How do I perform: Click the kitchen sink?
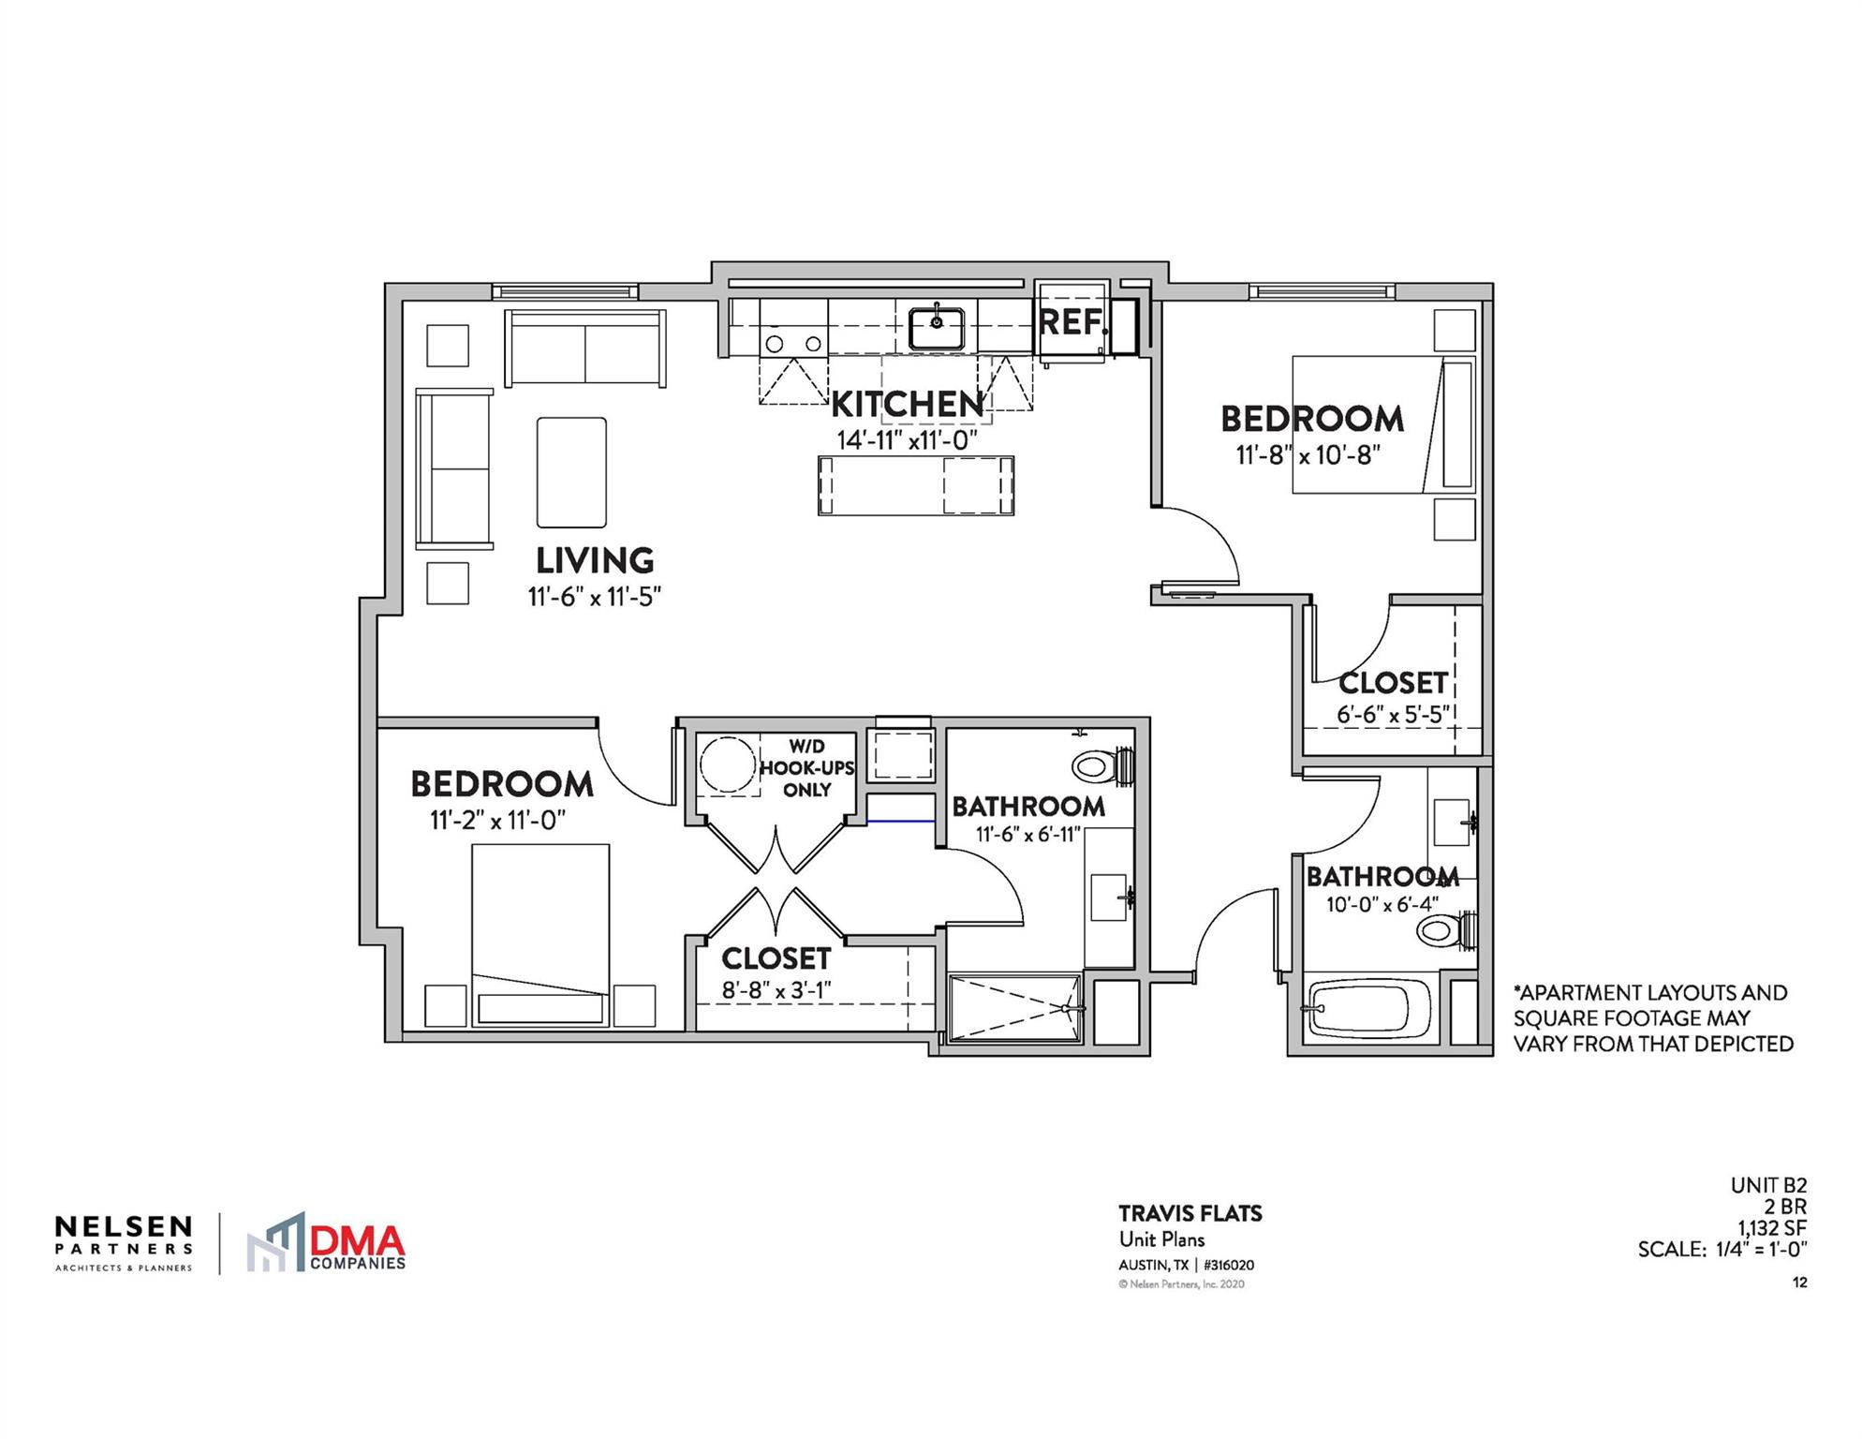pos(936,327)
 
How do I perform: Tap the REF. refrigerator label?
pos(1071,322)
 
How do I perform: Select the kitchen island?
pos(915,485)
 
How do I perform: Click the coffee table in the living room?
pos(571,472)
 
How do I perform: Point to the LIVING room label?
pos(595,561)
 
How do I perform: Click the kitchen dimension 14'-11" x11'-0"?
pos(907,440)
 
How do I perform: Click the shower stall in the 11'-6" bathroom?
pos(1014,1008)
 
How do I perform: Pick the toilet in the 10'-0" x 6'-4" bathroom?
pos(1443,930)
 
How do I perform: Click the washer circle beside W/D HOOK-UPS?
pos(727,765)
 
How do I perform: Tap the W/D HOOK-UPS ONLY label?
pos(806,768)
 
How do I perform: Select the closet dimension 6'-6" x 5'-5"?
pos(1393,715)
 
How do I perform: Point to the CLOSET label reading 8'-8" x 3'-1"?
pos(776,959)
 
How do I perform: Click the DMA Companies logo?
pos(327,1244)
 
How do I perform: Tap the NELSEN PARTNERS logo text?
pos(124,1236)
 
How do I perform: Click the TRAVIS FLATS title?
pos(1190,1213)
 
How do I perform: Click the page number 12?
pos(1799,1283)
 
